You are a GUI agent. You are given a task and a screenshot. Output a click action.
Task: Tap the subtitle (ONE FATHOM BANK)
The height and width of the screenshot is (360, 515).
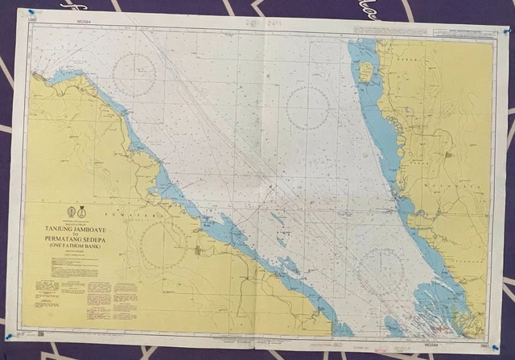click(79, 249)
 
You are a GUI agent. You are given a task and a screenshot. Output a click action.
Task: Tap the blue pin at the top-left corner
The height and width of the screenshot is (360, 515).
click(31, 13)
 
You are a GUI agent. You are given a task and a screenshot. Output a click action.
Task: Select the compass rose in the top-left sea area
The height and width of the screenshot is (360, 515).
click(134, 75)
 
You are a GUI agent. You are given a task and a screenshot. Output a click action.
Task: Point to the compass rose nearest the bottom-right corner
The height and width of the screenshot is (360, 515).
click(381, 269)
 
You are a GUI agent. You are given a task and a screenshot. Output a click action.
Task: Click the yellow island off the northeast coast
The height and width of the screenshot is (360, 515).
click(366, 72)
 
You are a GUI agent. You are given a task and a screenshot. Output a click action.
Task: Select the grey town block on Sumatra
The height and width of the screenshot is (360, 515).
click(200, 252)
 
